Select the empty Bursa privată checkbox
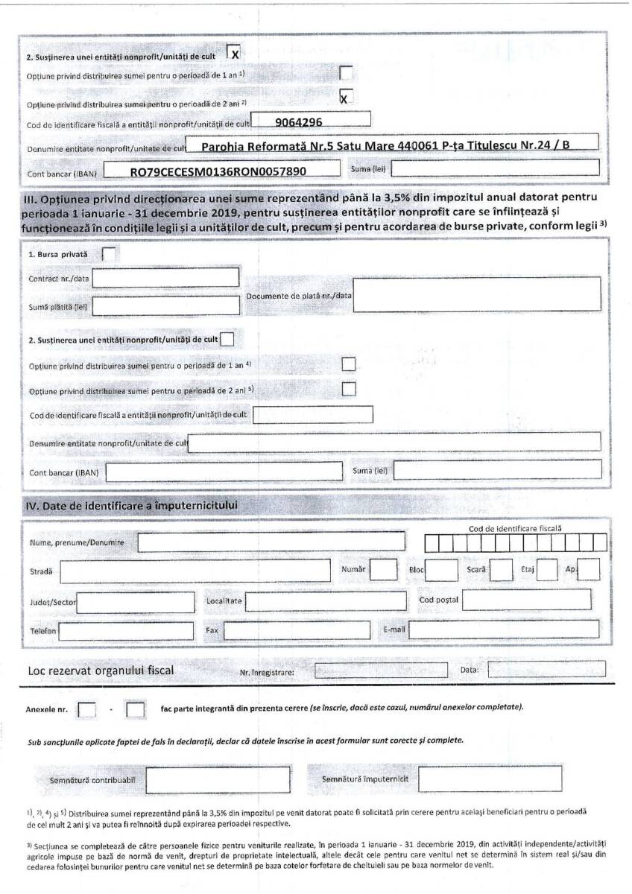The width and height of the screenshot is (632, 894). coord(109,253)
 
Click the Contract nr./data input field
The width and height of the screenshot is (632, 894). coord(165,278)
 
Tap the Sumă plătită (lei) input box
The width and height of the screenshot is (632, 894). coord(165,305)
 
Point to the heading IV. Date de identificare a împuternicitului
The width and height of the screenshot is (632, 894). coord(133,506)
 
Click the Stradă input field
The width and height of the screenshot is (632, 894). coord(195,571)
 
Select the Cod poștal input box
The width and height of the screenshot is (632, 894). coord(526,600)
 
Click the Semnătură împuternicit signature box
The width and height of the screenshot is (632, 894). coord(490,779)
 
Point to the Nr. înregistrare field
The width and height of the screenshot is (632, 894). coord(379,671)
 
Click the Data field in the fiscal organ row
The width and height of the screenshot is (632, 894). coord(546,670)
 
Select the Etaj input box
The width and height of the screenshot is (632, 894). coord(547,570)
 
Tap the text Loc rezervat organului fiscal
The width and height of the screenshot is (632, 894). coord(101,670)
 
